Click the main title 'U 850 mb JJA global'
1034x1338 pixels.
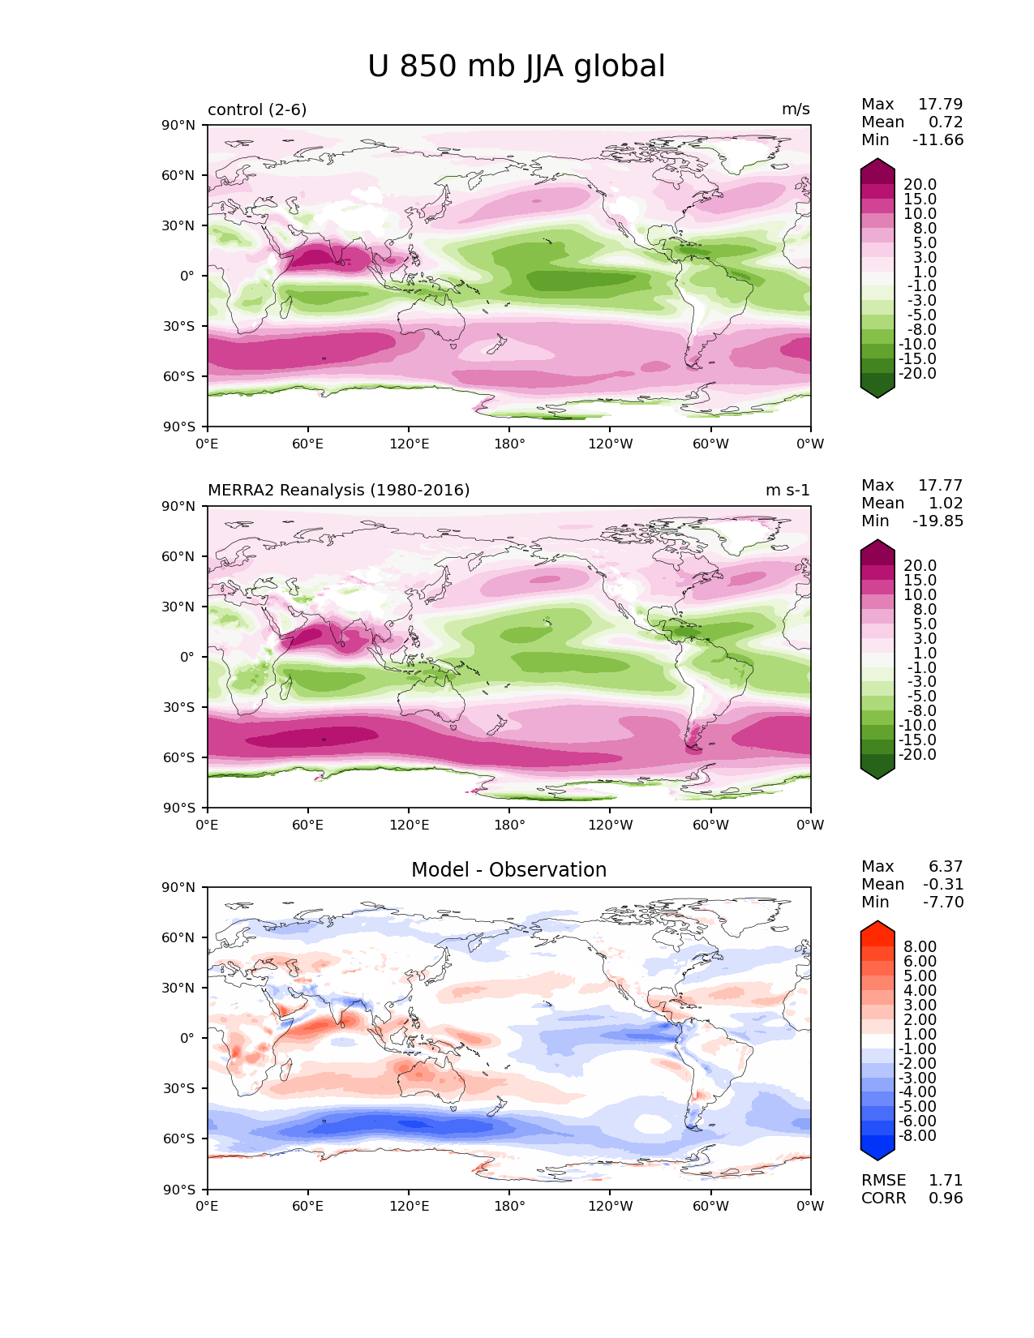(x=516, y=66)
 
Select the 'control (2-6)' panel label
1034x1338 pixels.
(x=257, y=109)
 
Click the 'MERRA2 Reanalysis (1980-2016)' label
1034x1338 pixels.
(x=338, y=490)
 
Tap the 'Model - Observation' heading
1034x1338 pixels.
(x=508, y=869)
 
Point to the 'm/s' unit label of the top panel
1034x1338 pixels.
(x=796, y=109)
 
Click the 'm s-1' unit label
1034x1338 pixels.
(x=787, y=490)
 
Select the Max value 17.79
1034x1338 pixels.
(x=941, y=104)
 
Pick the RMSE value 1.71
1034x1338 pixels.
(x=946, y=1180)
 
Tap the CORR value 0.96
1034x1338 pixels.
(x=946, y=1198)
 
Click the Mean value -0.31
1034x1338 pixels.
(x=943, y=884)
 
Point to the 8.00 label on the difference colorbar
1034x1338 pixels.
(x=920, y=946)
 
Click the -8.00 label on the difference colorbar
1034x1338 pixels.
(x=917, y=1135)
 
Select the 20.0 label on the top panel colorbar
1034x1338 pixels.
(x=920, y=184)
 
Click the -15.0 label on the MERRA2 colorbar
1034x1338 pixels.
(x=917, y=740)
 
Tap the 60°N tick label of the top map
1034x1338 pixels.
(x=178, y=175)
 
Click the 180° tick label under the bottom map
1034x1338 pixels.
(x=509, y=1206)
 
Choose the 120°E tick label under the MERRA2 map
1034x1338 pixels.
(x=409, y=825)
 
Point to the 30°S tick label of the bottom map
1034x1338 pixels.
(x=178, y=1088)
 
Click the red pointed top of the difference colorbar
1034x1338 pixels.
(x=877, y=921)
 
